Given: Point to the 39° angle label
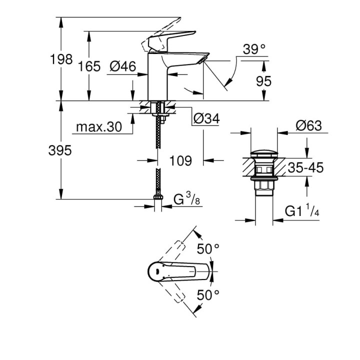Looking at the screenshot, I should tap(253, 49).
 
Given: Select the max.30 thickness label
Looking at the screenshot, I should tap(99, 127).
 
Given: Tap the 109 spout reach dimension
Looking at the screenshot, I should tap(180, 161).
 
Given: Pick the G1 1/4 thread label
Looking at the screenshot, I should tap(302, 211).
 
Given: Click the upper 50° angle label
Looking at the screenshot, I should tap(208, 248).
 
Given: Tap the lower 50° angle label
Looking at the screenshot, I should tap(208, 295).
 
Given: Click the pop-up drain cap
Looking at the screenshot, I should tap(264, 152).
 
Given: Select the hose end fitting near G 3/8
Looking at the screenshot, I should tap(158, 200).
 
